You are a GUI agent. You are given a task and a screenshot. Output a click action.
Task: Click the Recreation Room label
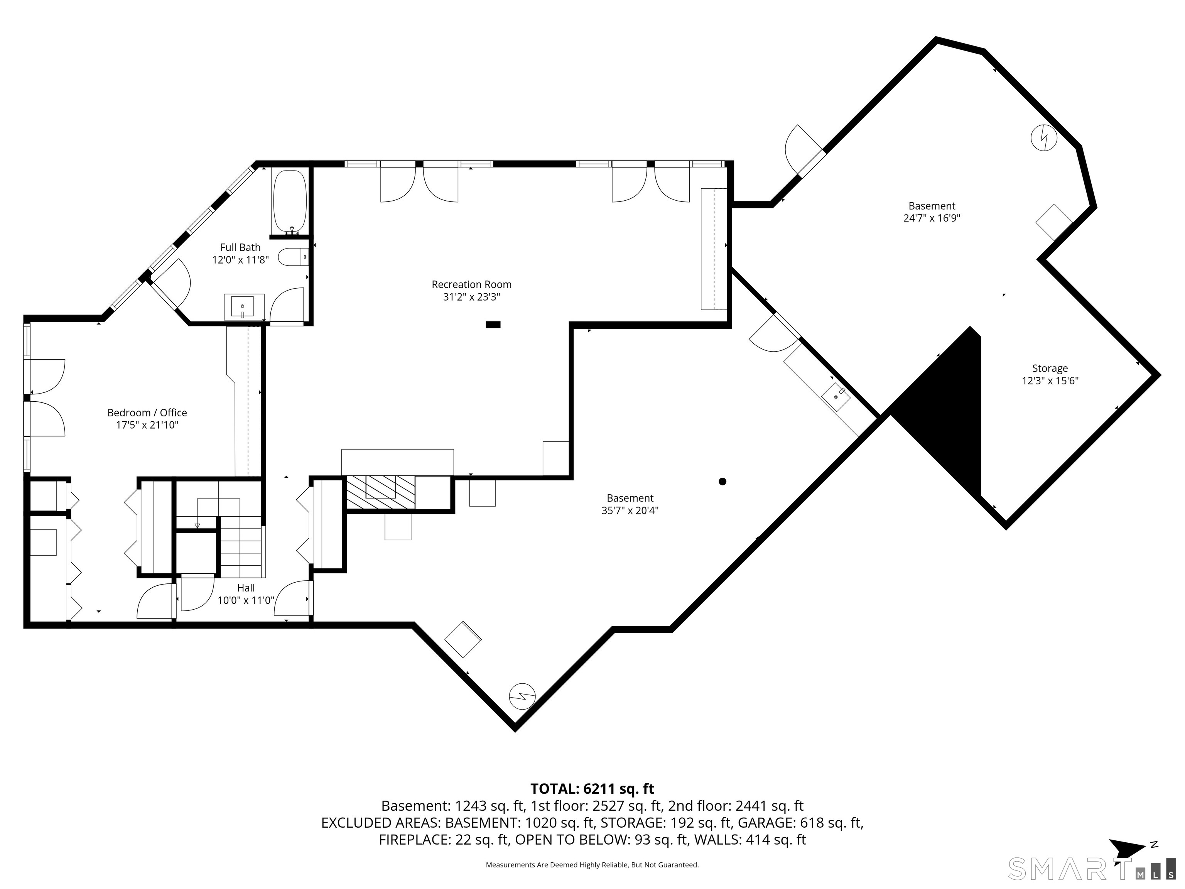coord(471,284)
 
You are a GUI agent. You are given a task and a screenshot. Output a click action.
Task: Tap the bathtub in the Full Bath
coord(290,203)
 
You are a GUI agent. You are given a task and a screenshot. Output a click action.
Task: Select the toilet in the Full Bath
coord(294,257)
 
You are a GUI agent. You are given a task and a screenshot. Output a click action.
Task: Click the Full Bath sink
coord(244,306)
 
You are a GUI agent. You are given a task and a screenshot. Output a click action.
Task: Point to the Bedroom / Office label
coord(147,412)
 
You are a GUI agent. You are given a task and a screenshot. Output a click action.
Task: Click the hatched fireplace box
coord(381,492)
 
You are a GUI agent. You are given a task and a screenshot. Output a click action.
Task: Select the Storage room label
coord(1050,368)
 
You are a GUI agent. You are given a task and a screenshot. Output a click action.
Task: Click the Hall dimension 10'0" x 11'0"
coord(246,600)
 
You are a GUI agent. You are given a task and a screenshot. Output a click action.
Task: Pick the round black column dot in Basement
coord(722,481)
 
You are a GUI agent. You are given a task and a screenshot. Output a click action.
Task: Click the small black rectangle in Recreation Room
coord(493,324)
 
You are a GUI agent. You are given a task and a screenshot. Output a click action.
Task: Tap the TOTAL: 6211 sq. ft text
coord(592,789)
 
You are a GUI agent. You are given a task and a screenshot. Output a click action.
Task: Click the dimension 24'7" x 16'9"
coord(932,218)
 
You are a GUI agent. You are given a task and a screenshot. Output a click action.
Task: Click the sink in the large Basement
coord(836,396)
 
